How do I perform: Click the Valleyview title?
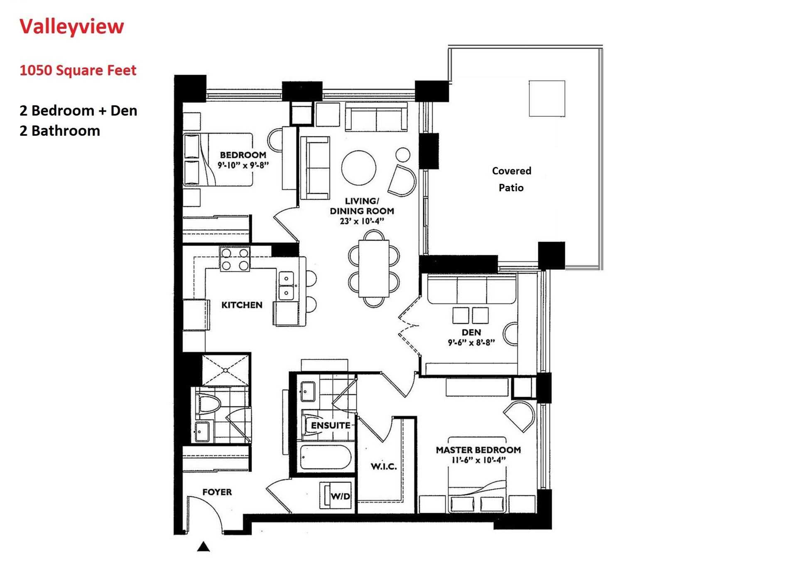click(71, 26)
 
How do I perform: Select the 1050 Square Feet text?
click(78, 70)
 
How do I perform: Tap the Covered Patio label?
click(511, 179)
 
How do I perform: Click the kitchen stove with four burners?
click(235, 259)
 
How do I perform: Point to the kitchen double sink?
click(286, 286)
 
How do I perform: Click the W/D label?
click(340, 496)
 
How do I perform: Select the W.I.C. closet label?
click(383, 466)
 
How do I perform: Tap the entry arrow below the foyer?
click(203, 547)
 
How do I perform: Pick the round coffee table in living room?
click(359, 168)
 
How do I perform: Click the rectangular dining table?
click(374, 268)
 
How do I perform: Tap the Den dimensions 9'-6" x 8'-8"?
click(471, 343)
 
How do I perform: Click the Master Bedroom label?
click(478, 450)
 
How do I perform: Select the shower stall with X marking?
click(226, 369)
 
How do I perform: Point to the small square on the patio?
click(546, 98)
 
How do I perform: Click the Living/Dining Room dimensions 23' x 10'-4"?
click(361, 221)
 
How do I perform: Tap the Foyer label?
click(217, 492)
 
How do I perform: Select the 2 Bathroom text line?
click(60, 131)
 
